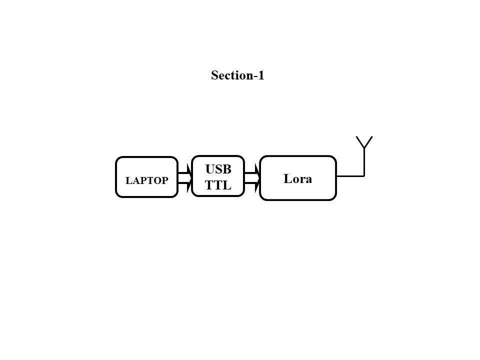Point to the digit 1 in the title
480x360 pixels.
point(260,75)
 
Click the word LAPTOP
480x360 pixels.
point(146,181)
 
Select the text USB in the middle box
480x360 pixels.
point(218,169)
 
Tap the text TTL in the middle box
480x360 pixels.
point(218,185)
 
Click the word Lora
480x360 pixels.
point(297,179)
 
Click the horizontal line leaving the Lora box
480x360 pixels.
point(349,176)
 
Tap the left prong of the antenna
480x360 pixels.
point(360,142)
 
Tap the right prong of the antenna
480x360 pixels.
point(368,142)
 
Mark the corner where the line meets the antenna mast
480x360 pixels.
point(364,176)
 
